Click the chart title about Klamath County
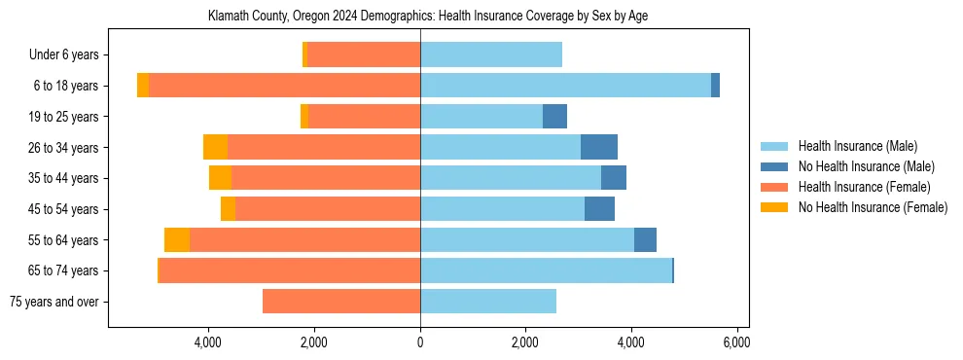click(x=428, y=17)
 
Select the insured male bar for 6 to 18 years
click(x=565, y=86)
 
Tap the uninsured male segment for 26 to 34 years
click(x=599, y=147)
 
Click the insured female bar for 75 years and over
click(x=341, y=302)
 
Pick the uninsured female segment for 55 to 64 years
click(x=177, y=240)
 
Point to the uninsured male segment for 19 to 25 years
click(x=554, y=117)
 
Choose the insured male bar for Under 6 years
click(x=491, y=55)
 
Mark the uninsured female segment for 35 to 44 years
click(x=221, y=178)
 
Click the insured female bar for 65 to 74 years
click(x=290, y=270)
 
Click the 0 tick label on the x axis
click(x=420, y=342)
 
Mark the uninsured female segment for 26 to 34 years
click(x=215, y=147)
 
